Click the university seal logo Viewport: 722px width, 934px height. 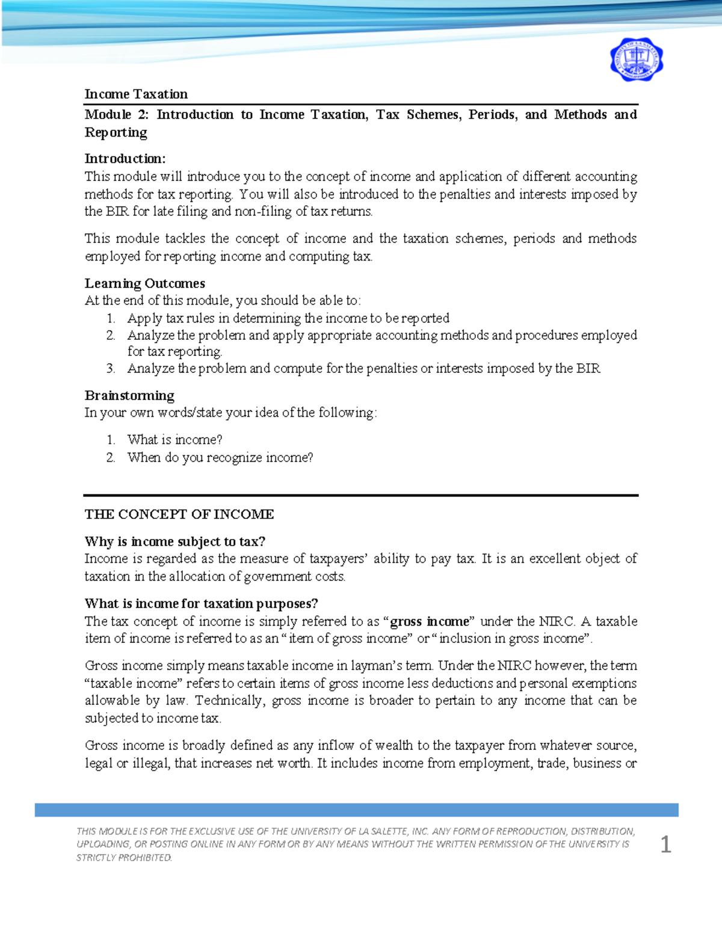coord(636,60)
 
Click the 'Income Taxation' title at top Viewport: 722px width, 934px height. coord(136,94)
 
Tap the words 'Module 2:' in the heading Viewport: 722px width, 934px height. coord(116,114)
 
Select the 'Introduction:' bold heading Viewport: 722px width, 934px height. coord(125,159)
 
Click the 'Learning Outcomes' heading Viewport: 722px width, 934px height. coord(144,283)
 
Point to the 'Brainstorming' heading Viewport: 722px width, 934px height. coord(129,395)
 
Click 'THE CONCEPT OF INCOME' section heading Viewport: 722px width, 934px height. coord(179,514)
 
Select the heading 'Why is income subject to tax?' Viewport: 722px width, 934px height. coord(174,541)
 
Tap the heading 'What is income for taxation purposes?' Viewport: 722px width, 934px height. coord(201,603)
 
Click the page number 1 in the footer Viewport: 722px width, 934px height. coord(665,844)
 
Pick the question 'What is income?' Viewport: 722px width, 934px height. coord(174,440)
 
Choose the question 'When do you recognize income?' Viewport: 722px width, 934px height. coord(220,458)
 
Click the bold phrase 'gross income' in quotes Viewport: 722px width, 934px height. coord(429,621)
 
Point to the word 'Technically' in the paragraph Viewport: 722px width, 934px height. coord(229,701)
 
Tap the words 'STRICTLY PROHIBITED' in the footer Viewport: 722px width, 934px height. coord(124,858)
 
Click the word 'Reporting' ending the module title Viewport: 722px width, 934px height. coord(116,132)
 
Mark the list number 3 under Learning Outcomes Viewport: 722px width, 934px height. coord(110,369)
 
